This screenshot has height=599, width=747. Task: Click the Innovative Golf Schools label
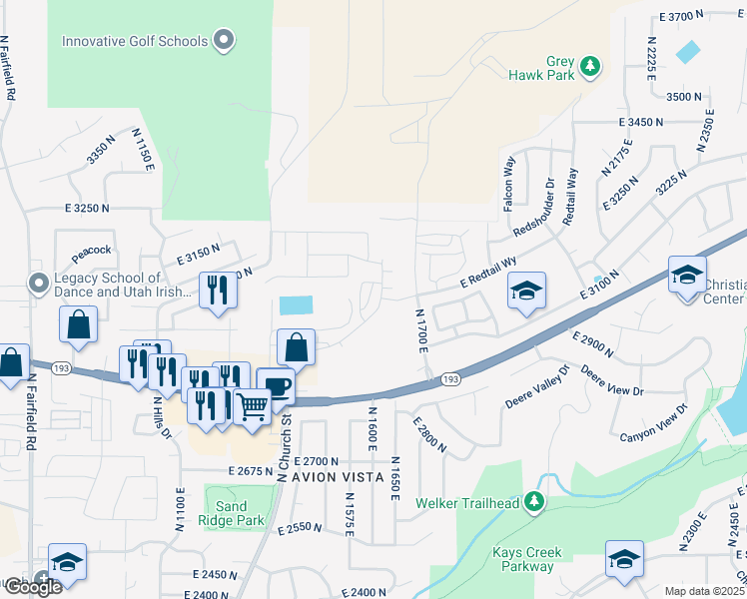click(135, 41)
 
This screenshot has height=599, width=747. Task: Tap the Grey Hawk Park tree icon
click(591, 66)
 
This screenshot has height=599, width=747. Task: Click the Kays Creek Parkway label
click(526, 559)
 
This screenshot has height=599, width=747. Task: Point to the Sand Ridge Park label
click(231, 513)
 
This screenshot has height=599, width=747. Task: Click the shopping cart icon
click(253, 405)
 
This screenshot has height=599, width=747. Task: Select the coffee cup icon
click(276, 386)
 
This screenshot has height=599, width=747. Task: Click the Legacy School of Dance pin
click(39, 284)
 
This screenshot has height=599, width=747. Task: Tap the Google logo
click(32, 587)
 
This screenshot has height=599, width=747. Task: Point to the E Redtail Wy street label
click(488, 273)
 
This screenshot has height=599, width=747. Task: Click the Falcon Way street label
click(508, 179)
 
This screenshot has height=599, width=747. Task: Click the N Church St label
click(287, 448)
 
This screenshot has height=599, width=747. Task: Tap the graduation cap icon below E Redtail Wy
click(526, 291)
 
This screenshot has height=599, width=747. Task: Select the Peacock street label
click(91, 250)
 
